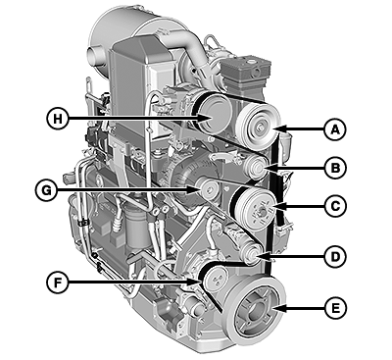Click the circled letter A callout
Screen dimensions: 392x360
[x=335, y=129]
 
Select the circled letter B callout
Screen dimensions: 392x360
[x=335, y=168]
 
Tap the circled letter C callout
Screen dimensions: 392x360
[x=335, y=206]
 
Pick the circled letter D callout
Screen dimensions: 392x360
[x=335, y=257]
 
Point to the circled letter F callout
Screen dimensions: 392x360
[x=57, y=283]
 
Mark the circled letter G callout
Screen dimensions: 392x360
[x=46, y=190]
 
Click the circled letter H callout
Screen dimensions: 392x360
[x=58, y=118]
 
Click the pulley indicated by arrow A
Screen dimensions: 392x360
[x=258, y=125]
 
